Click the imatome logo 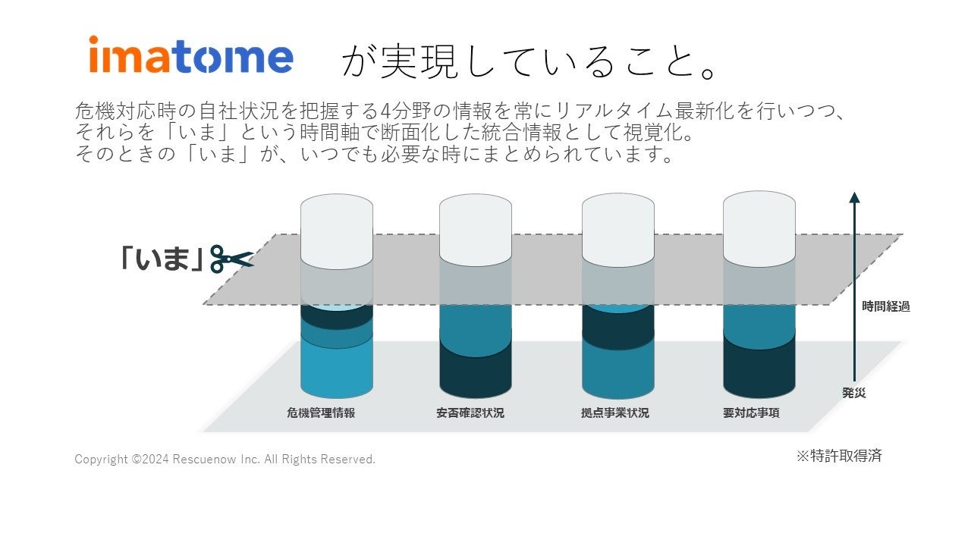191,55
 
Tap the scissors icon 232,259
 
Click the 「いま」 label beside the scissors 162,259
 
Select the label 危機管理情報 321,413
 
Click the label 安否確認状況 470,413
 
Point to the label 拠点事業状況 615,413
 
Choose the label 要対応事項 751,413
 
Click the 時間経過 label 885,306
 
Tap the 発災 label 854,393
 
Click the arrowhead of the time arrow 854,197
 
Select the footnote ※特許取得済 839,456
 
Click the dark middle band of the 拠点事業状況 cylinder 618,329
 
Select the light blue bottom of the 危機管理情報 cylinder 337,371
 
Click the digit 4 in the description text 386,111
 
